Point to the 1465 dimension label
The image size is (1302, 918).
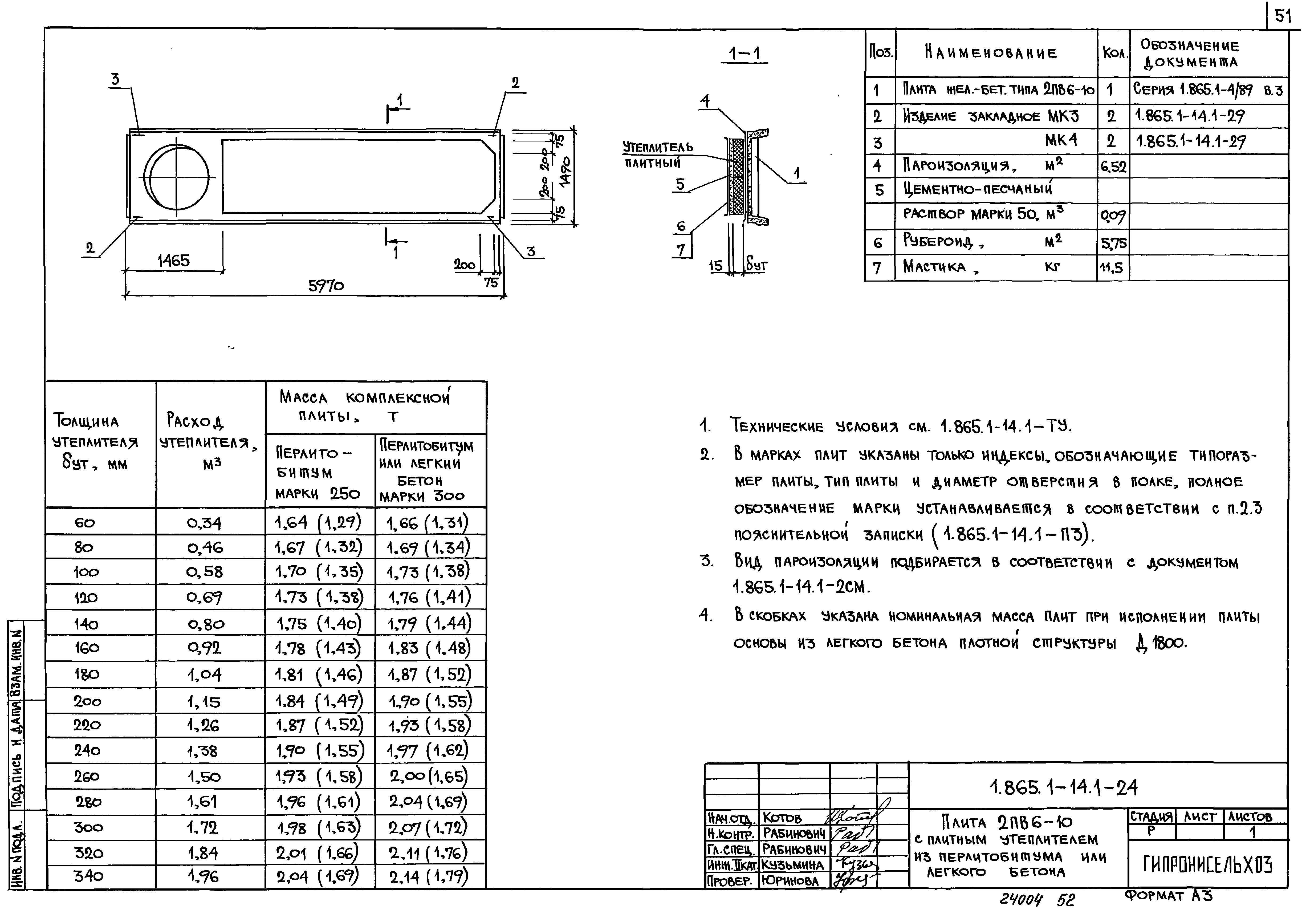coord(173,261)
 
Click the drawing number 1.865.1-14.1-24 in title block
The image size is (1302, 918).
coord(1063,787)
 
